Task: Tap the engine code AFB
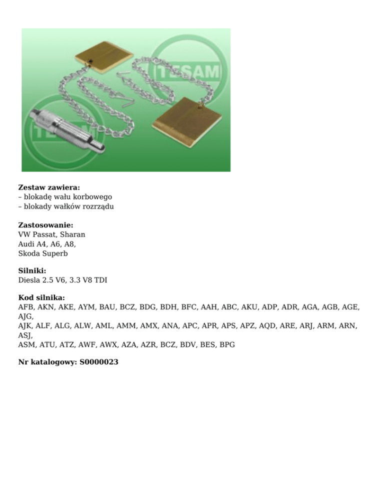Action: coord(26,308)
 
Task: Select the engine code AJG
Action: coord(25,317)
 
